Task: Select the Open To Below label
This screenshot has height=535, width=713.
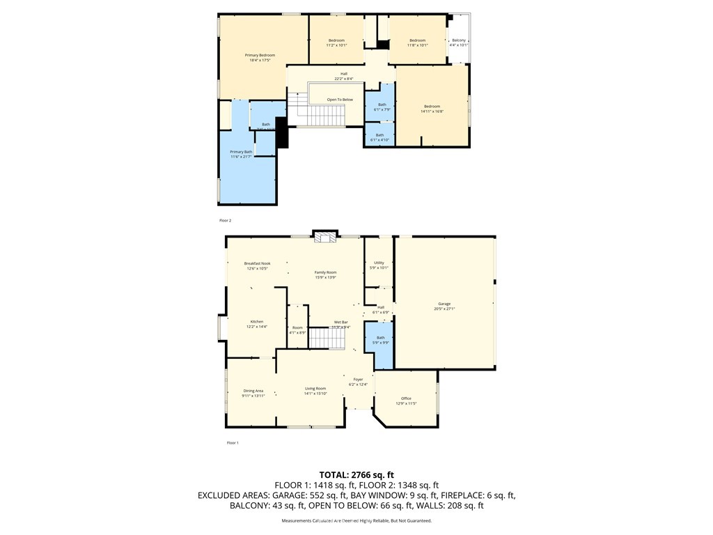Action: (x=340, y=100)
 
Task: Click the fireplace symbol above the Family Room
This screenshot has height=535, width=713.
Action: (x=324, y=238)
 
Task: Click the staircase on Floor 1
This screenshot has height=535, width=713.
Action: (x=327, y=338)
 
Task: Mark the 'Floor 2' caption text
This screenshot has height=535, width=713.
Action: (x=225, y=220)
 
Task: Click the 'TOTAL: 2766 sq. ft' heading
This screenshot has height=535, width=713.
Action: (x=356, y=474)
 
